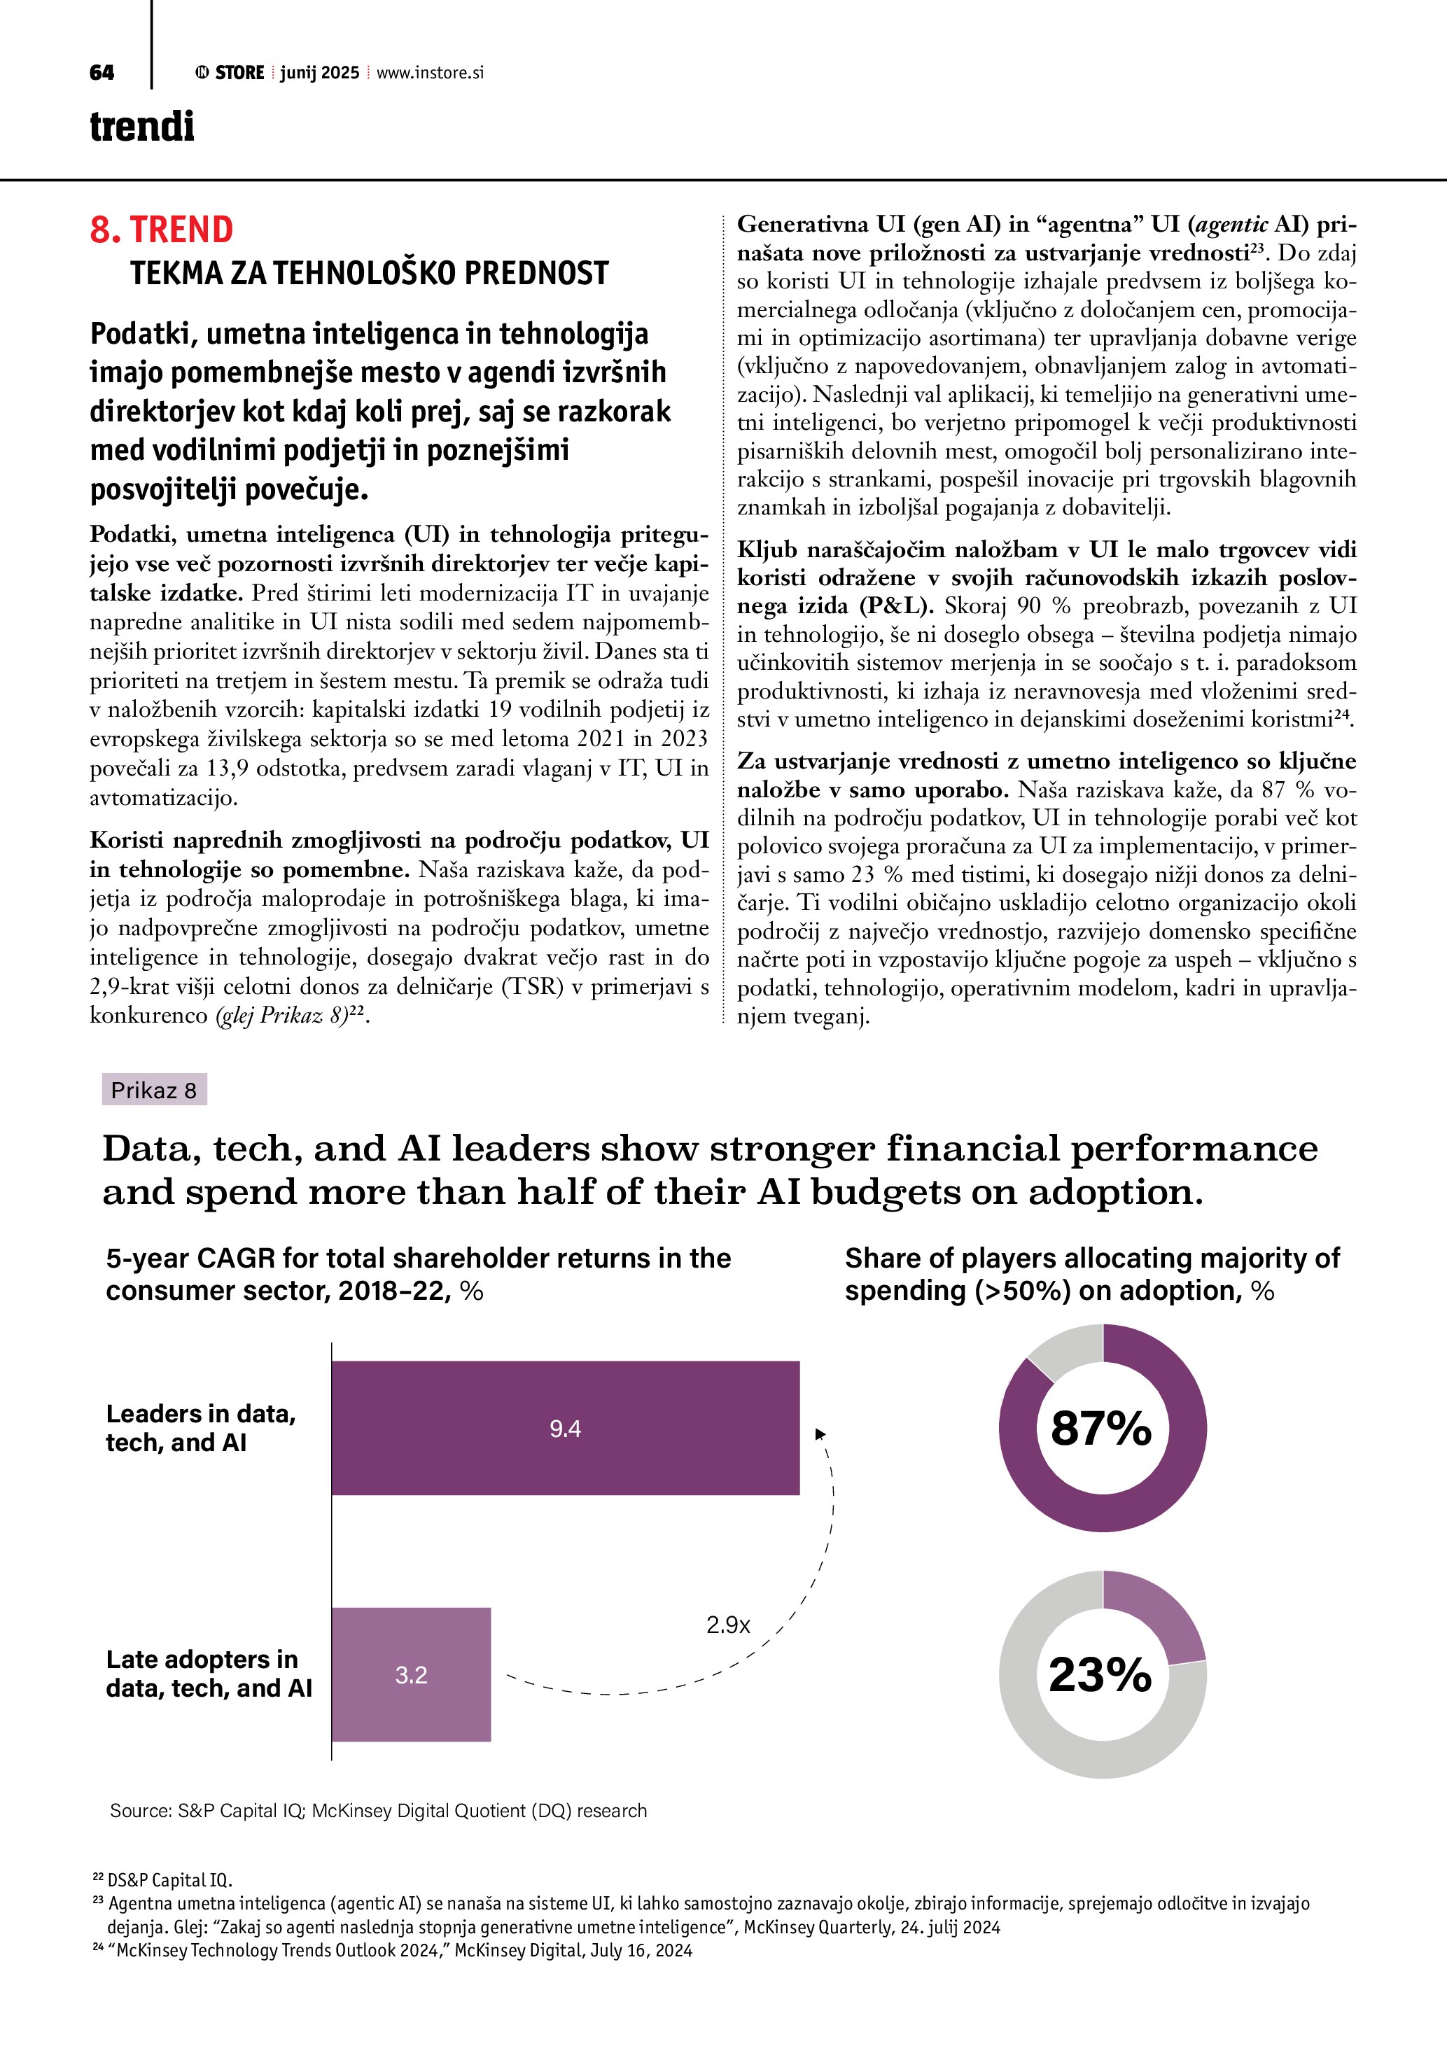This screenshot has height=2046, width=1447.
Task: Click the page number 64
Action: click(102, 73)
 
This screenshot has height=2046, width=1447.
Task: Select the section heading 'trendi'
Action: click(141, 127)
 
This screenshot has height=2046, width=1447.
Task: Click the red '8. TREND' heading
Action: click(161, 230)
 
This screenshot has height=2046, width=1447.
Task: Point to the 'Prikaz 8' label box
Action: click(154, 1090)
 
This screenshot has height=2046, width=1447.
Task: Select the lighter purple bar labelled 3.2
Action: click(411, 1674)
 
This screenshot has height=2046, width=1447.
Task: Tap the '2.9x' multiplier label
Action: click(728, 1625)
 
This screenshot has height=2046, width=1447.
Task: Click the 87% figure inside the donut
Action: click(1101, 1429)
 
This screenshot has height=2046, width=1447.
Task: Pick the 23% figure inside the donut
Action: click(1100, 1674)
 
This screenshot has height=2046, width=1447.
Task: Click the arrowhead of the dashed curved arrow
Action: click(820, 1433)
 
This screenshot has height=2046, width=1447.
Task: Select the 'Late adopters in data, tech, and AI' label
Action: click(209, 1674)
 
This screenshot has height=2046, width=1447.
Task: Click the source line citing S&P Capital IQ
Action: click(378, 1811)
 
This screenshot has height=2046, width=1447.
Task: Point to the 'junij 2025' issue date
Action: click(319, 73)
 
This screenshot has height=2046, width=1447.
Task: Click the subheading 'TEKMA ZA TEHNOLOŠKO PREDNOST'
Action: click(369, 273)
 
